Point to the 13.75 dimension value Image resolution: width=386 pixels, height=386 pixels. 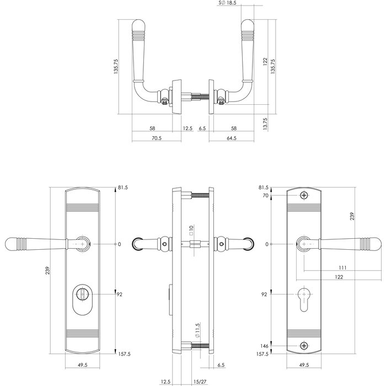[265, 122]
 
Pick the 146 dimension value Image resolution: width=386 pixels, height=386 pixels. [265, 346]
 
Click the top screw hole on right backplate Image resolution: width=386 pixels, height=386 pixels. [304, 196]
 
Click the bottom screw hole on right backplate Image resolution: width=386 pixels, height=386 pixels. [304, 346]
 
